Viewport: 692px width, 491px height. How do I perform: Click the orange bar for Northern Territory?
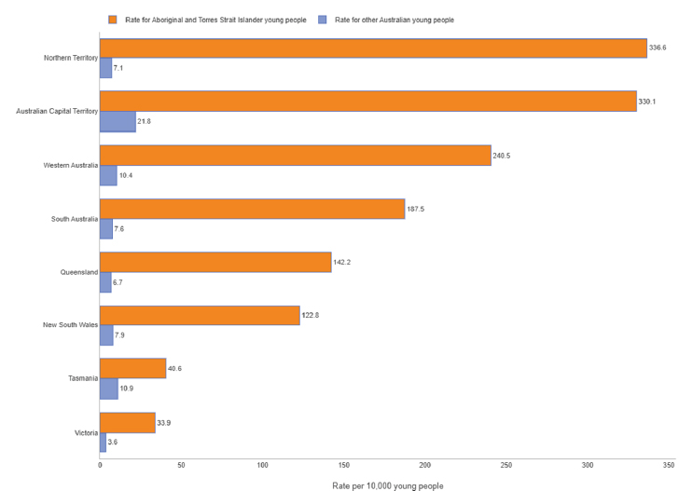click(373, 48)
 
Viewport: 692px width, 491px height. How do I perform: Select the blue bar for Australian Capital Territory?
click(118, 122)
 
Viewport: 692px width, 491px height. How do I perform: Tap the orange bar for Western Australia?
click(295, 156)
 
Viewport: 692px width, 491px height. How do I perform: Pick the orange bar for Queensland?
click(215, 262)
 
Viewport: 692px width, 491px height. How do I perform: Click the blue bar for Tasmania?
click(108, 389)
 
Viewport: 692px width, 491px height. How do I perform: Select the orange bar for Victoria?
click(127, 423)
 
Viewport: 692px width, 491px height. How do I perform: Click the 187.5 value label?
click(416, 209)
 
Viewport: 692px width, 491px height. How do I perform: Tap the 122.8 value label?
click(311, 316)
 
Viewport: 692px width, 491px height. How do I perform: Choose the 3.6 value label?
click(113, 442)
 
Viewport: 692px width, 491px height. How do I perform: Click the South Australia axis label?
click(74, 219)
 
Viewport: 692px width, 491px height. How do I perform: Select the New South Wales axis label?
click(70, 325)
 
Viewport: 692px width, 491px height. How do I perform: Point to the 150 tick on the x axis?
click(343, 465)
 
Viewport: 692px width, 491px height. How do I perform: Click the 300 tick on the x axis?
click(587, 465)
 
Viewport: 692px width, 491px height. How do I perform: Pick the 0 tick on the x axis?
click(100, 465)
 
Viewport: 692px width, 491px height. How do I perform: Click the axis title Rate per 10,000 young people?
click(388, 485)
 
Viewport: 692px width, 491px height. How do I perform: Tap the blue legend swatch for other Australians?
click(323, 19)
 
